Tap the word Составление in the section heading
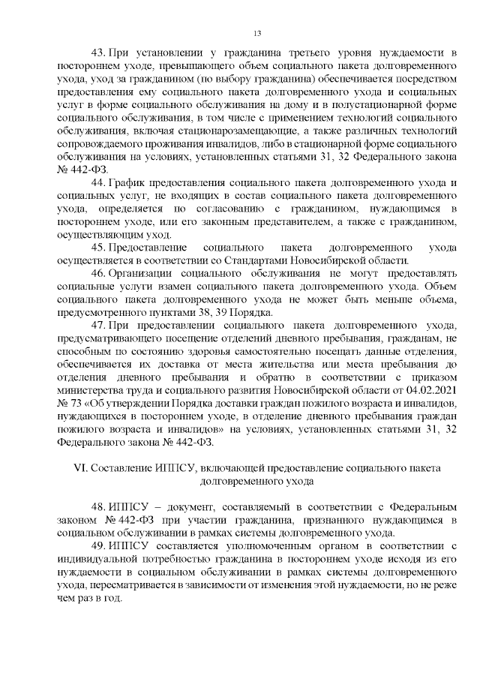click(x=118, y=467)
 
